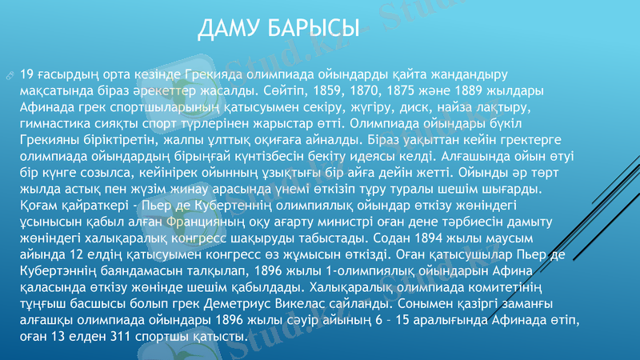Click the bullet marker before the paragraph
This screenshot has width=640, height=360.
9,74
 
